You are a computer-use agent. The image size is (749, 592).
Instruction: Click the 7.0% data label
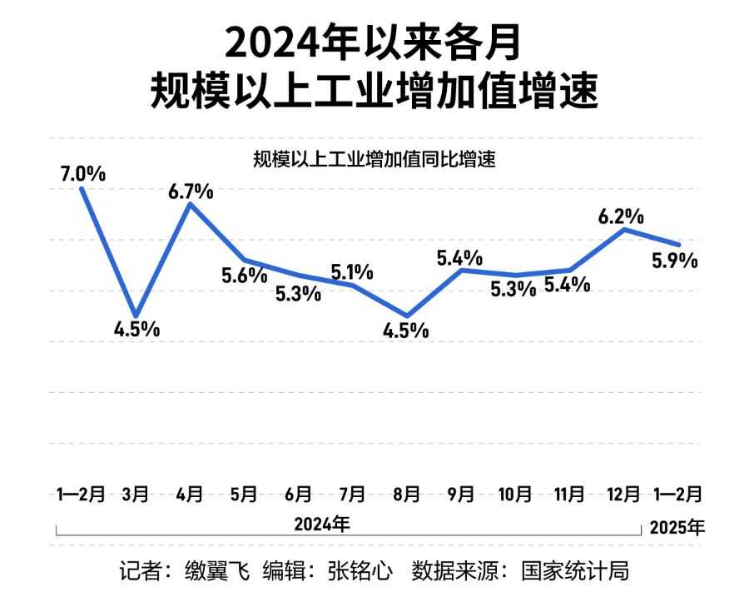pyautogui.click(x=82, y=175)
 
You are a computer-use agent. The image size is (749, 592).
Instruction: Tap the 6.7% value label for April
pyautogui.click(x=191, y=191)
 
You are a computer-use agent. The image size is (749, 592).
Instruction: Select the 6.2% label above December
pyautogui.click(x=621, y=216)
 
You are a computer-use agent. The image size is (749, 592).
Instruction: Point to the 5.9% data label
pyautogui.click(x=675, y=261)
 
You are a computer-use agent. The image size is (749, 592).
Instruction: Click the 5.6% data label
pyautogui.click(x=244, y=276)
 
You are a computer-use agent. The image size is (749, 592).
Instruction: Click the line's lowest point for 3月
pyautogui.click(x=136, y=315)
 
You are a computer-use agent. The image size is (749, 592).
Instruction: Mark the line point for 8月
pyautogui.click(x=406, y=316)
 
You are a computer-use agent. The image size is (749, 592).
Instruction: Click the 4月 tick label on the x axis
pyautogui.click(x=191, y=494)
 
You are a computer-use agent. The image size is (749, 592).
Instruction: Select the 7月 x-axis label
pyautogui.click(x=352, y=494)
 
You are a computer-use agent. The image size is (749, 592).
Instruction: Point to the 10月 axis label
pyautogui.click(x=514, y=494)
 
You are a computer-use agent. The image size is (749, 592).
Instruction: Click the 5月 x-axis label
pyautogui.click(x=244, y=494)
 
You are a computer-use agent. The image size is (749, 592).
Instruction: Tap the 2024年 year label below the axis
pyautogui.click(x=322, y=525)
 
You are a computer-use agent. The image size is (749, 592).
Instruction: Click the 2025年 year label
pyautogui.click(x=677, y=527)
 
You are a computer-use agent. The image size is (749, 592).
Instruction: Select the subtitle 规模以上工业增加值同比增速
pyautogui.click(x=374, y=159)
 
